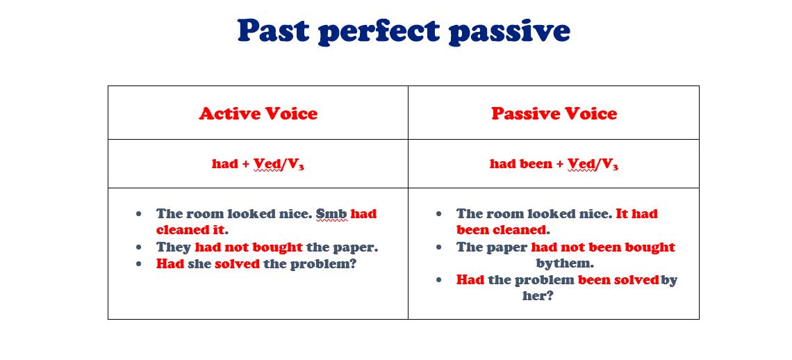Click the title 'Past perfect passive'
click(404, 32)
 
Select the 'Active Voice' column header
click(258, 113)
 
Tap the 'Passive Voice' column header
click(554, 113)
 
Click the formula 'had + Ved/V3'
click(258, 164)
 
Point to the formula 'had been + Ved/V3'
click(554, 164)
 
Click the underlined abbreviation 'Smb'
click(331, 214)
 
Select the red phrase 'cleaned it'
click(190, 230)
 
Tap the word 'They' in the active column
click(174, 247)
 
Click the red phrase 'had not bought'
click(249, 247)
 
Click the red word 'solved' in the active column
click(238, 264)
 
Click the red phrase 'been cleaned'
click(502, 230)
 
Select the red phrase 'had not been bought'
click(603, 247)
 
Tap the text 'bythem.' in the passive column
click(565, 263)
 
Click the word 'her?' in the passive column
click(538, 296)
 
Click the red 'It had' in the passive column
click(636, 214)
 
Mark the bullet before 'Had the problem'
click(438, 279)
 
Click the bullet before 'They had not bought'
click(139, 247)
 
